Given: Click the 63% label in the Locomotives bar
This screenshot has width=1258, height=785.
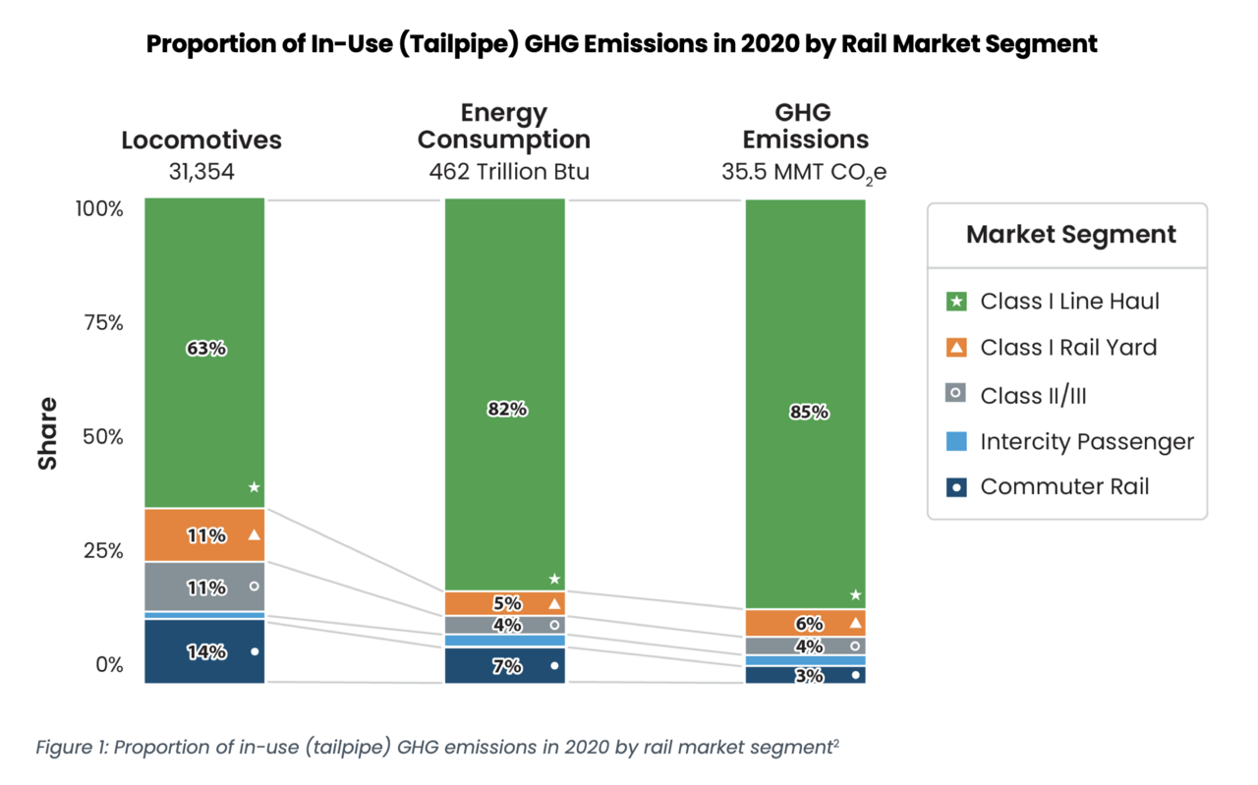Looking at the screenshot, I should [x=205, y=348].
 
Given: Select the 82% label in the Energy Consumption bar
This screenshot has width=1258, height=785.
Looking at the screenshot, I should [x=507, y=410].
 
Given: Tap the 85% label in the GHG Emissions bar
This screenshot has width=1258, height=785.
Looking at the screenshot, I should [x=809, y=413].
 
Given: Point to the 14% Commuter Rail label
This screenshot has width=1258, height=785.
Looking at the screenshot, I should [x=206, y=651].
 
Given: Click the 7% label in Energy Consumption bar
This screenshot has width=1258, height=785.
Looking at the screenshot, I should [x=507, y=666].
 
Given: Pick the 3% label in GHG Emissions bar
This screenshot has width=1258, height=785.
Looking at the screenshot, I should [x=809, y=676].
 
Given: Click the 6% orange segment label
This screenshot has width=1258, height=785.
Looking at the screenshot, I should [x=809, y=623].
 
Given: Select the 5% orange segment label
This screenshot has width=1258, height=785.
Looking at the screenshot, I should [x=507, y=604].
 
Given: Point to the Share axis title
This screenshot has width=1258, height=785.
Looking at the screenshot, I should [x=47, y=433].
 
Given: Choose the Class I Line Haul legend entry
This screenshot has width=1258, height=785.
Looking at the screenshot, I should [x=1069, y=302].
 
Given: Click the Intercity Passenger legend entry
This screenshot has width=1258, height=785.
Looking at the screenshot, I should [x=1086, y=442].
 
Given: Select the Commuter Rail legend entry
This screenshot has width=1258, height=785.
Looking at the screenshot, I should [x=1063, y=486].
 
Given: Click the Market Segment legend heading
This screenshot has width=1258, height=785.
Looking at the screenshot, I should [x=1070, y=235].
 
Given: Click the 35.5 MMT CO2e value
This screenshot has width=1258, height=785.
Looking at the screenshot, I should [x=805, y=172].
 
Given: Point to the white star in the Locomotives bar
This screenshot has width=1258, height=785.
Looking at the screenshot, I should [x=254, y=487].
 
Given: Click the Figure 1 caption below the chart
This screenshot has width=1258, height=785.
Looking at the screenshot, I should [x=437, y=748].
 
